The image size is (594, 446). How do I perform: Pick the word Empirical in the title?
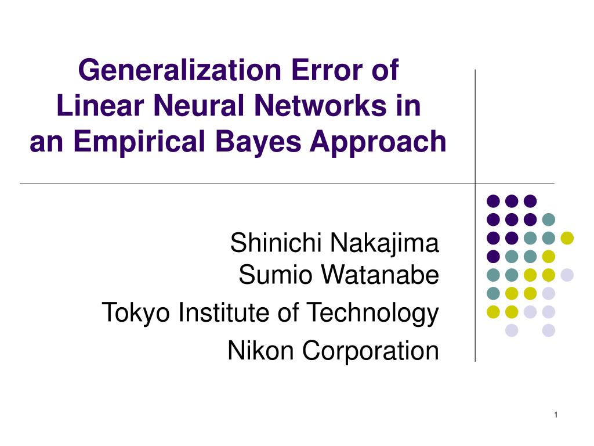click(142, 142)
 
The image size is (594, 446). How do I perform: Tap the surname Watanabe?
click(379, 275)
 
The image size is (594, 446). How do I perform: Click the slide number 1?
click(555, 414)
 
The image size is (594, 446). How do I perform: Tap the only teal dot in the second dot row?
click(548, 220)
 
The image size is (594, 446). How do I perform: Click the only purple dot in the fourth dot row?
click(493, 256)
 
